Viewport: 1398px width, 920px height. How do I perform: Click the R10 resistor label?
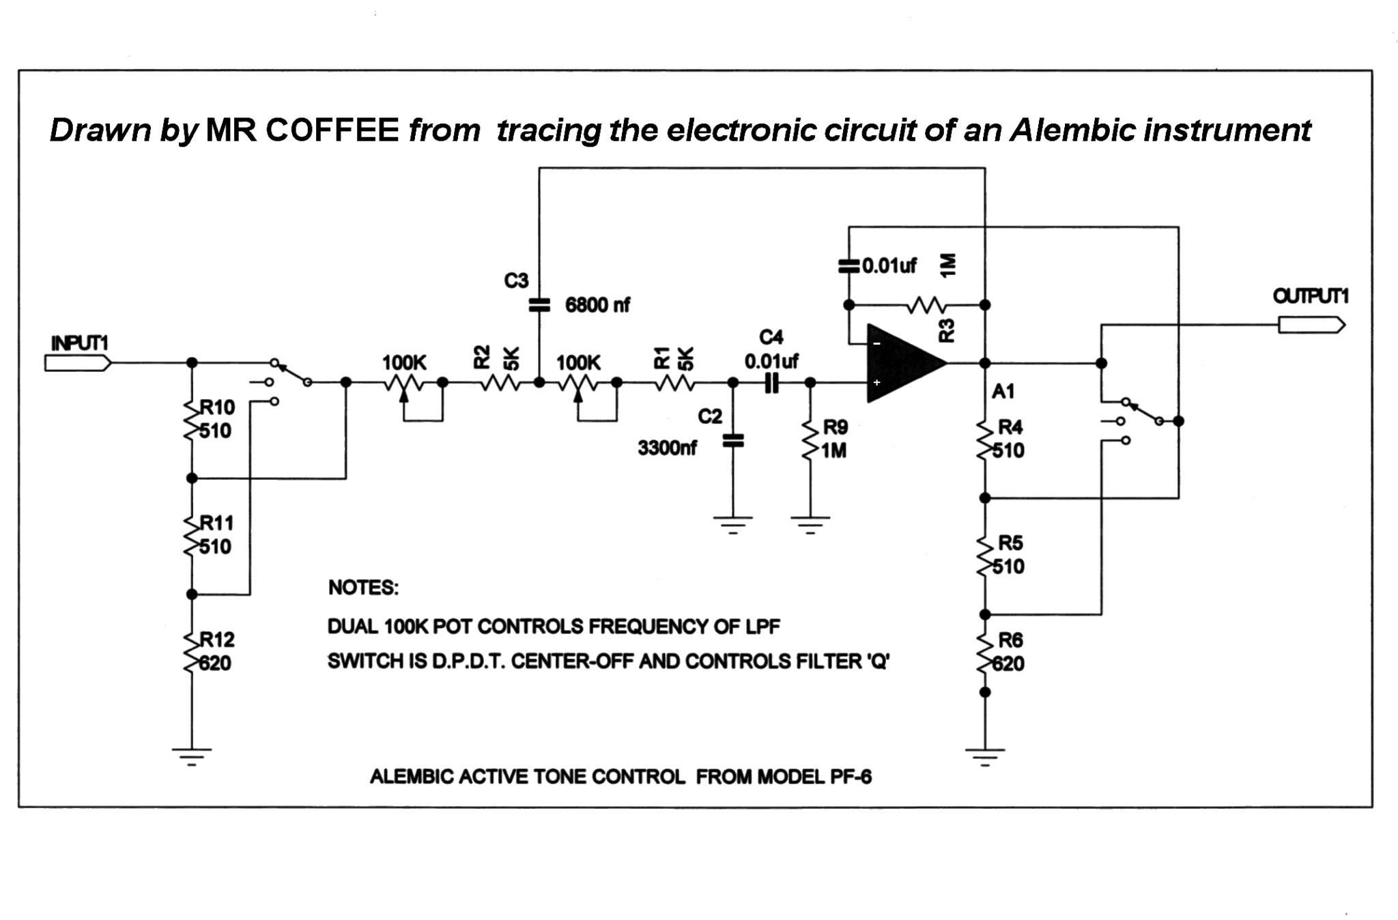[x=217, y=407]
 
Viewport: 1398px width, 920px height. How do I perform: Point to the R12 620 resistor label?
[x=216, y=651]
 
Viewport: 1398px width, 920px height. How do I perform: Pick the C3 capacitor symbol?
[x=539, y=305]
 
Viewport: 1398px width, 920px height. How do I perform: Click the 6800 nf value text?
[x=597, y=305]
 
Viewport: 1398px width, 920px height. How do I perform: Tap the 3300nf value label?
[x=667, y=448]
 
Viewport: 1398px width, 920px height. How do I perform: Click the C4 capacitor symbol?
[x=771, y=384]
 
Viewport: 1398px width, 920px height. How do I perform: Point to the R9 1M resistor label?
[x=834, y=439]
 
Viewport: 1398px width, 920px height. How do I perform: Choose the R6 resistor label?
[x=1010, y=640]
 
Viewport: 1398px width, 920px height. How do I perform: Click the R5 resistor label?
[x=1010, y=543]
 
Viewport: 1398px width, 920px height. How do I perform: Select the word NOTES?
[x=363, y=588]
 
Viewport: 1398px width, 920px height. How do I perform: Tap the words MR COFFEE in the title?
[x=302, y=130]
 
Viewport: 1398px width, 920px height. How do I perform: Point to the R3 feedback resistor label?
[x=947, y=331]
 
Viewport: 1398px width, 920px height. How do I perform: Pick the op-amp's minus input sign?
[x=877, y=343]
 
